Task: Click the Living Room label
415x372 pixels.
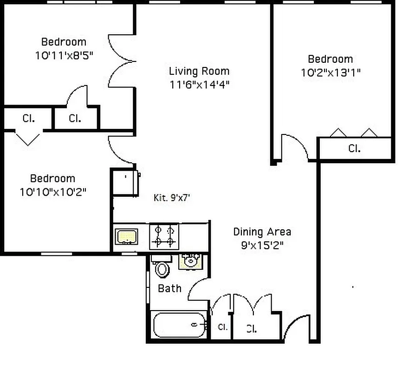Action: [x=199, y=71]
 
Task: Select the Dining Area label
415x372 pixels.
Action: [x=262, y=232]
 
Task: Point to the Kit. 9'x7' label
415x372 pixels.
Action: [x=172, y=198]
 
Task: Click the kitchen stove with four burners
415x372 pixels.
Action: [x=164, y=236]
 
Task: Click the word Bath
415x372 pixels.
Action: [x=169, y=288]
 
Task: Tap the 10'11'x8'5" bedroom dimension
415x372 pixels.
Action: [x=64, y=55]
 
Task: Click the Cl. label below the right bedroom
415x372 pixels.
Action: [x=355, y=149]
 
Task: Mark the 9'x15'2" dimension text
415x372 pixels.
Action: [x=262, y=245]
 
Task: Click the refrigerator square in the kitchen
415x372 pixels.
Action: [x=125, y=182]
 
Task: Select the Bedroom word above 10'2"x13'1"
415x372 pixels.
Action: [x=331, y=59]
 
